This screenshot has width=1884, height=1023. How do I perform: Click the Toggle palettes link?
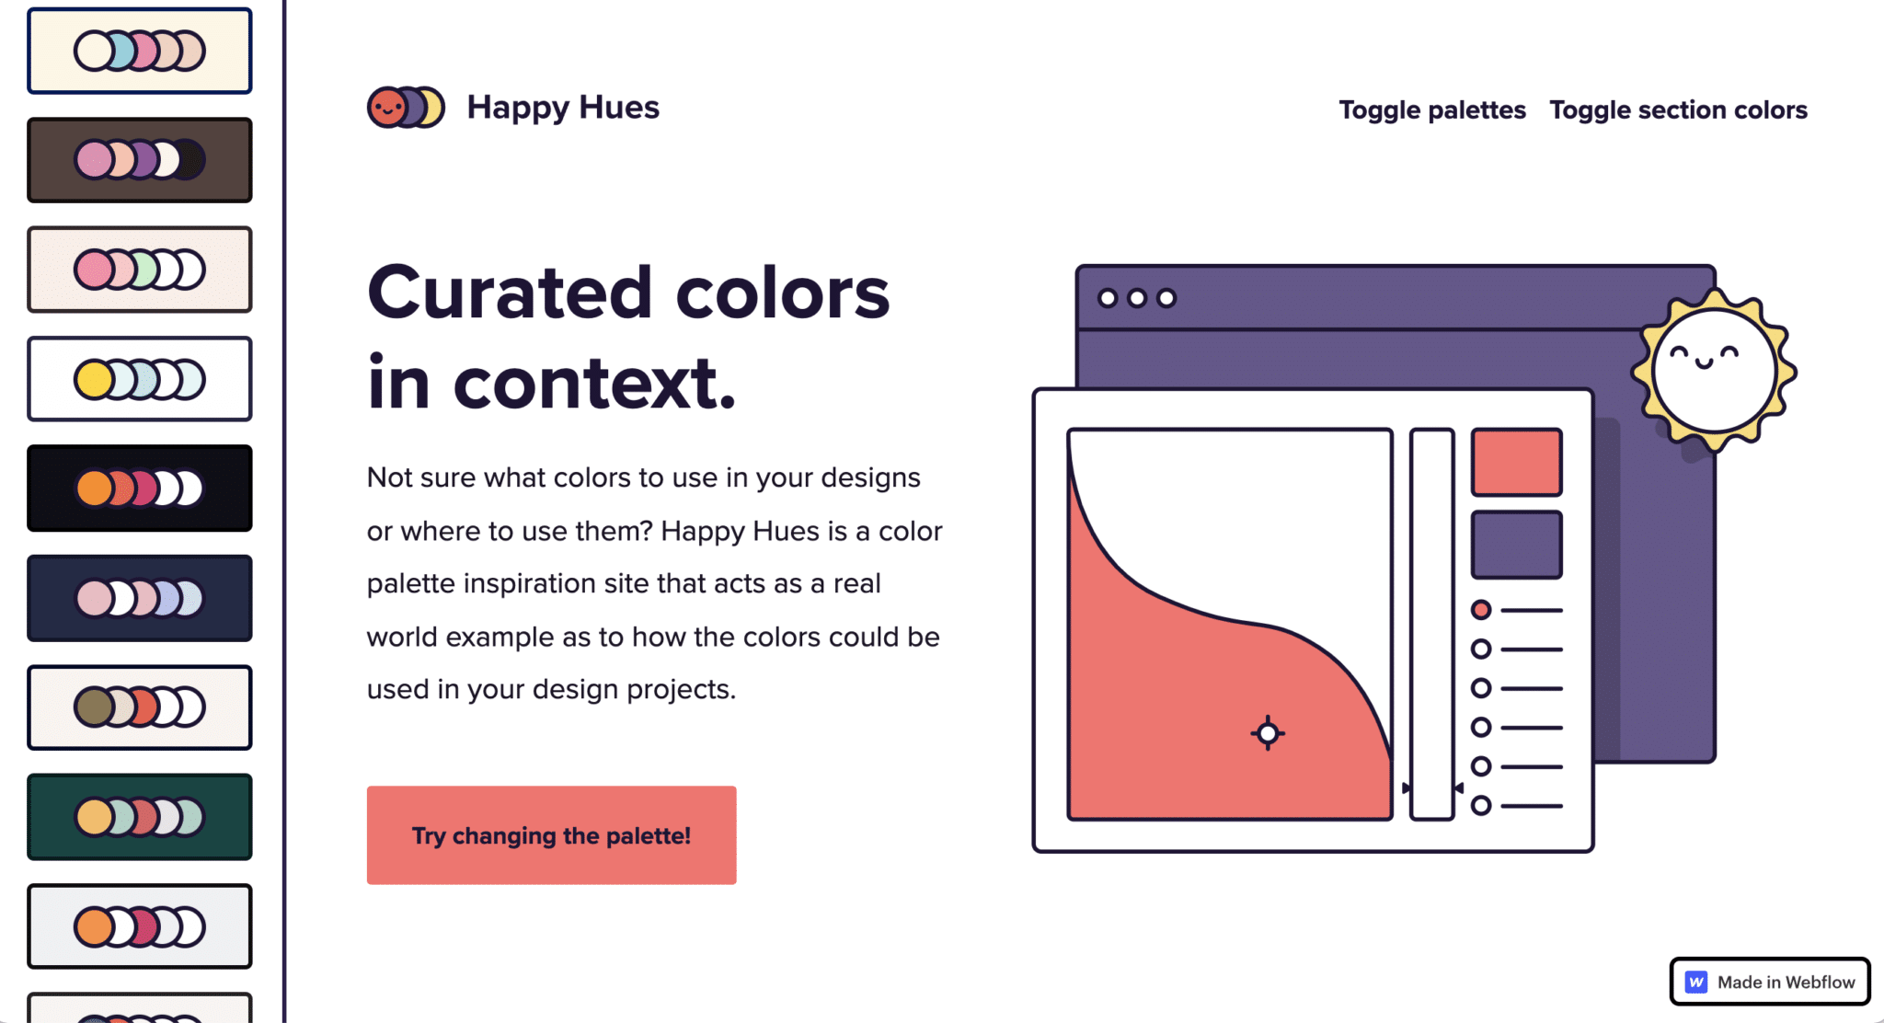click(1431, 110)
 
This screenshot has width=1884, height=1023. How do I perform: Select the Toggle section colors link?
click(1678, 110)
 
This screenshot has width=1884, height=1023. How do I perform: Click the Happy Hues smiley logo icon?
click(405, 108)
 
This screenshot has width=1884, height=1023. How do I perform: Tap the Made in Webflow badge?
click(1769, 982)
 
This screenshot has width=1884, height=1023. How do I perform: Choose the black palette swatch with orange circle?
click(140, 489)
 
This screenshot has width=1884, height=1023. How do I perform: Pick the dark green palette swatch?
click(140, 817)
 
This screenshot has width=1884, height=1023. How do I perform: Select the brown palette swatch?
click(140, 160)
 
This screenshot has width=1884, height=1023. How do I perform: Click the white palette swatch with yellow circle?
click(140, 379)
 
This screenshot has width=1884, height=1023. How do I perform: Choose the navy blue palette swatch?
click(140, 598)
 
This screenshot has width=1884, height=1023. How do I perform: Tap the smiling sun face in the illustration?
click(1713, 369)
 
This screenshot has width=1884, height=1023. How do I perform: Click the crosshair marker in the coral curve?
click(1268, 733)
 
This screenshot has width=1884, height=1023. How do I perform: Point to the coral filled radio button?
click(1481, 610)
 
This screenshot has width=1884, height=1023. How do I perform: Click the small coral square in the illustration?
click(1516, 462)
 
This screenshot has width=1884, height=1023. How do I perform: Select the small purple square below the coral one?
click(1516, 545)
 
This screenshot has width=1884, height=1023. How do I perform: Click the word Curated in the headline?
click(511, 293)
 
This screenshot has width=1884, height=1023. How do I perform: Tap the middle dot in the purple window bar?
click(1137, 298)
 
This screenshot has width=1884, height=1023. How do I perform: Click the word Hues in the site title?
click(618, 108)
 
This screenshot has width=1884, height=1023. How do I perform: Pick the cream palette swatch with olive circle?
click(140, 707)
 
